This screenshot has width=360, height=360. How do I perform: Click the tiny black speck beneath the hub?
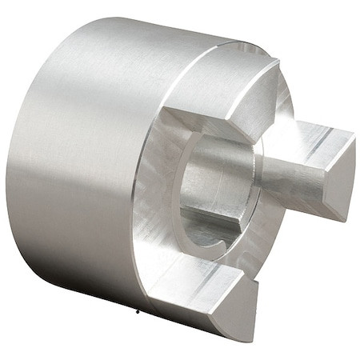pyautogui.click(x=138, y=310)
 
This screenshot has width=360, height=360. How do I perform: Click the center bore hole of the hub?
pyautogui.click(x=216, y=192)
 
